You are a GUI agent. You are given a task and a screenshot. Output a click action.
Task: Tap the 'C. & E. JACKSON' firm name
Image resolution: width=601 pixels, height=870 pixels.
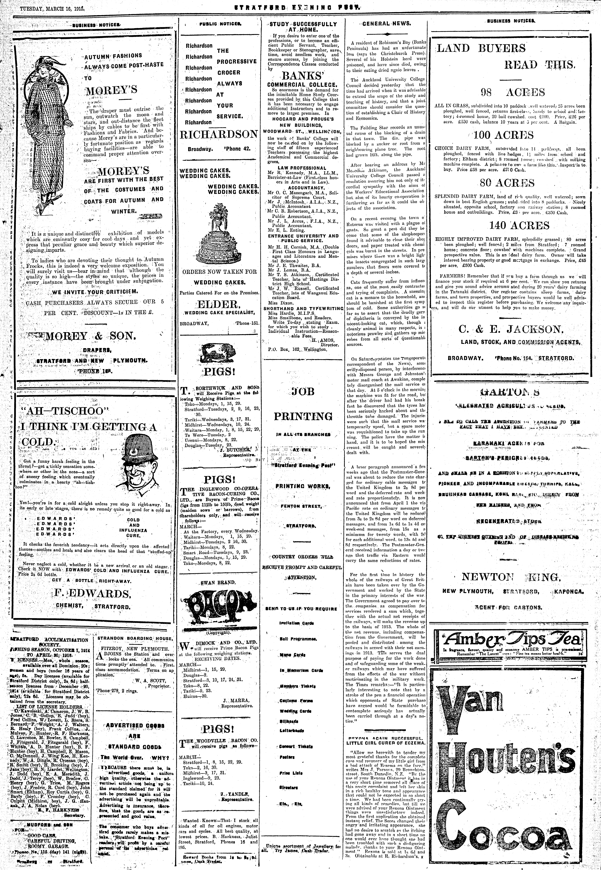click(x=511, y=329)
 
